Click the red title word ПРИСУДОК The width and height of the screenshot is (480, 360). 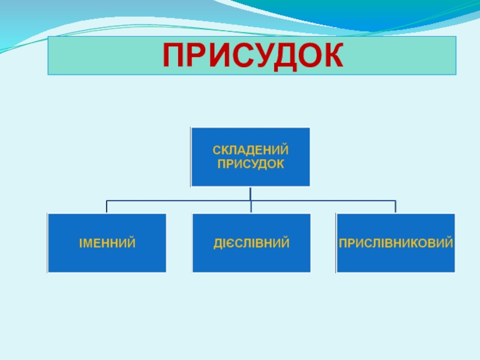(253, 55)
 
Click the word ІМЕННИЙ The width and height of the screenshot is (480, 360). (107, 244)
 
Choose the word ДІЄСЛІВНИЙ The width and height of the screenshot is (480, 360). (251, 244)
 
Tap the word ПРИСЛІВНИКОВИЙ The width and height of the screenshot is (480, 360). (395, 244)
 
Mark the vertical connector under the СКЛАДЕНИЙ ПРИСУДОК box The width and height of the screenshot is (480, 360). (250, 193)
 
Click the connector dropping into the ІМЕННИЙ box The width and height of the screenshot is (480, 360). (107, 207)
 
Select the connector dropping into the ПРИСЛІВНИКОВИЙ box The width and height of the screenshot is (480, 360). (395, 207)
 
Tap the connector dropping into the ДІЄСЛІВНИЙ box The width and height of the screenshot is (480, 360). (251, 207)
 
